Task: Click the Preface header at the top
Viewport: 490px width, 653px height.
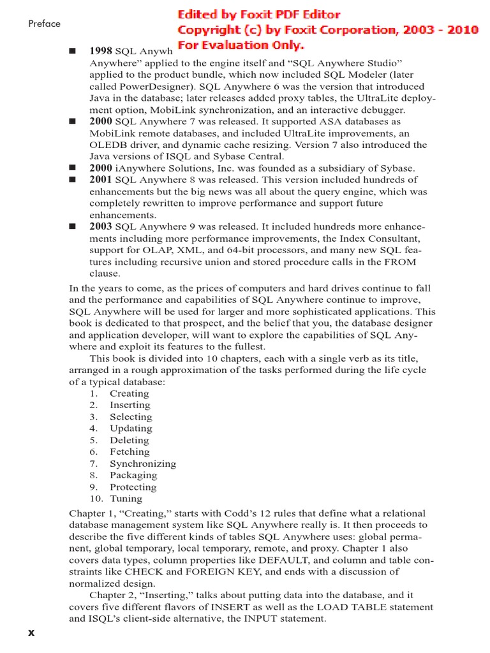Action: (44, 24)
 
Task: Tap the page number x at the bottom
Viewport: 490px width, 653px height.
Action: (31, 632)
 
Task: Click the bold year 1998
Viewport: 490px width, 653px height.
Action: (101, 51)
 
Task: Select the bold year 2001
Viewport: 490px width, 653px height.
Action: (101, 180)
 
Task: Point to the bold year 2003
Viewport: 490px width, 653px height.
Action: (101, 226)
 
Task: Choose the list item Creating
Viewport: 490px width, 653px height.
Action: (129, 393)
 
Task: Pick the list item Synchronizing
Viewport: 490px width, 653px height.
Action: (143, 464)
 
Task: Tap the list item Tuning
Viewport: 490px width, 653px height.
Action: (126, 499)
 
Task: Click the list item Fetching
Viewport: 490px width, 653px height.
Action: (130, 451)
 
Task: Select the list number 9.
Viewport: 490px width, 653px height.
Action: (93, 487)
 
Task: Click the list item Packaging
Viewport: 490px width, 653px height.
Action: (133, 475)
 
